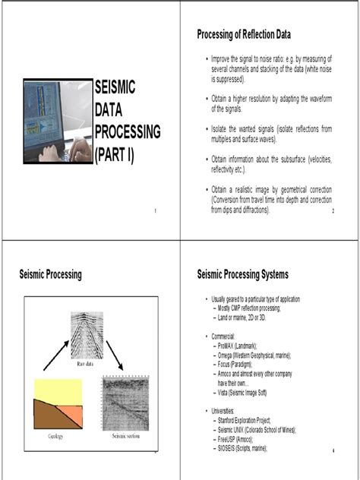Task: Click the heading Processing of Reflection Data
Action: click(x=243, y=34)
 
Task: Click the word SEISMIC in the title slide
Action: click(x=115, y=89)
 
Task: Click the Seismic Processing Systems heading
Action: click(x=242, y=274)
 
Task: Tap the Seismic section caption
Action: click(x=128, y=437)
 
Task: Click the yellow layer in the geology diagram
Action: click(x=58, y=390)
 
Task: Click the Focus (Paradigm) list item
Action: click(x=236, y=364)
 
